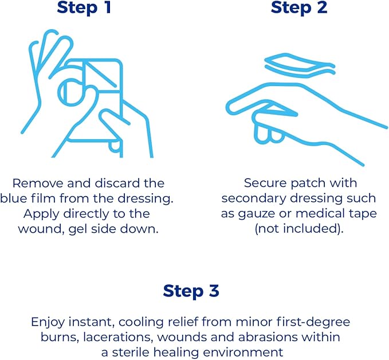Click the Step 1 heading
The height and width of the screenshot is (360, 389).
pyautogui.click(x=84, y=7)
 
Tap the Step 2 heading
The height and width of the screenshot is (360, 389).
pyautogui.click(x=299, y=7)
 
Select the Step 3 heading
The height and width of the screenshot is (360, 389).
pyautogui.click(x=191, y=291)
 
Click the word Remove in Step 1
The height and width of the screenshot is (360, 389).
pyautogui.click(x=38, y=183)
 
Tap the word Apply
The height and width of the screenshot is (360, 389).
pyautogui.click(x=41, y=214)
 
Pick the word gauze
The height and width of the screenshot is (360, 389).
pyautogui.click(x=257, y=214)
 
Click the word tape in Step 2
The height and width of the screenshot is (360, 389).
pyautogui.click(x=363, y=214)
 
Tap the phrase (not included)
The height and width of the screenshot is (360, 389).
pyautogui.click(x=299, y=229)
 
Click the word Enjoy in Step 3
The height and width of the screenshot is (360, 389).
pyautogui.click(x=48, y=322)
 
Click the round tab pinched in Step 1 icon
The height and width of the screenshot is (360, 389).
pyautogui.click(x=71, y=92)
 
